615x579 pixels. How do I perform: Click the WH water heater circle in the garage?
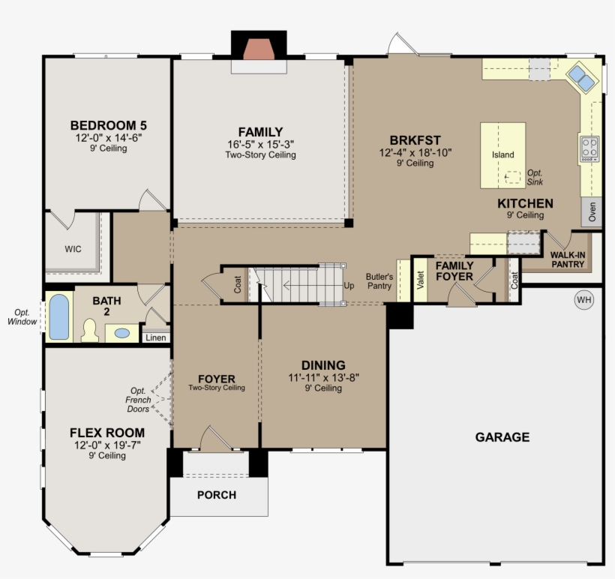pos(584,300)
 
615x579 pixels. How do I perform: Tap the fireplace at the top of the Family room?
pos(259,49)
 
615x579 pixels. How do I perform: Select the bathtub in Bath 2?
pos(59,317)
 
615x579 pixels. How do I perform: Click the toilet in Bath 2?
pos(90,330)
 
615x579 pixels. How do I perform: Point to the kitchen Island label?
pos(502,154)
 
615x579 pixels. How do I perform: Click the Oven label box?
pos(592,211)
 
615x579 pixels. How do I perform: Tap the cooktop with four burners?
pos(589,148)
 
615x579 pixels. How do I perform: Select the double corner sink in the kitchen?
pos(582,78)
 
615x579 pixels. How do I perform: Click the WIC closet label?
pos(73,249)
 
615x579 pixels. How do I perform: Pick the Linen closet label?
pos(156,337)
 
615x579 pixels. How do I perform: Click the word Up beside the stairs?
pos(349,286)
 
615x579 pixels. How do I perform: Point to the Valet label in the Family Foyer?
pos(421,280)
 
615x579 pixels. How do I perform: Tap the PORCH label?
pos(217,495)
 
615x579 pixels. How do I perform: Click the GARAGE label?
pos(502,437)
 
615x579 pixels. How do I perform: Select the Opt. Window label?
pos(22,317)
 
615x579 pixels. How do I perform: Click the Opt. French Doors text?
pos(138,400)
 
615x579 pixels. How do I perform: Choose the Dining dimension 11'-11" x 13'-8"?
pos(323,378)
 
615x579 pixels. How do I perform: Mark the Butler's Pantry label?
pos(379,281)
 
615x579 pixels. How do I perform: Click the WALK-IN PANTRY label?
pos(568,259)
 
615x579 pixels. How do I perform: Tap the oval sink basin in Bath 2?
pos(122,334)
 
